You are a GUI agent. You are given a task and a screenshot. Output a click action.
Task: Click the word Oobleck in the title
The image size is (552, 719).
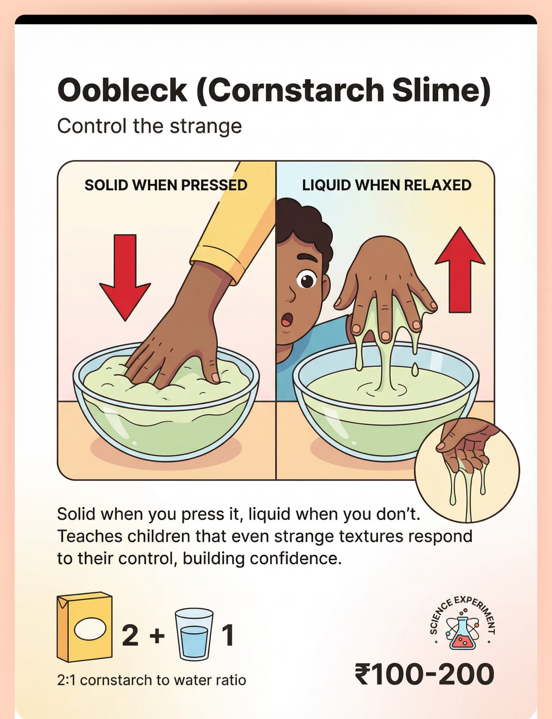[122, 90]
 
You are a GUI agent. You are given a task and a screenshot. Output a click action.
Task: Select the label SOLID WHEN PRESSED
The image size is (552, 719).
[166, 185]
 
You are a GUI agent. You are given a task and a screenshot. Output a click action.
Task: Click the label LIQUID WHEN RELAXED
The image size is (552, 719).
[387, 185]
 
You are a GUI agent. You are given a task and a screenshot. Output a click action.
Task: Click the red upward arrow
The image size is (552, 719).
[460, 269]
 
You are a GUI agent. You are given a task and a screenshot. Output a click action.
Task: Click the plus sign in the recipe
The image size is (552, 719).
[157, 636]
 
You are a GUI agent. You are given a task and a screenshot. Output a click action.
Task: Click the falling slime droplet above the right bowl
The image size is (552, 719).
[415, 369]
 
